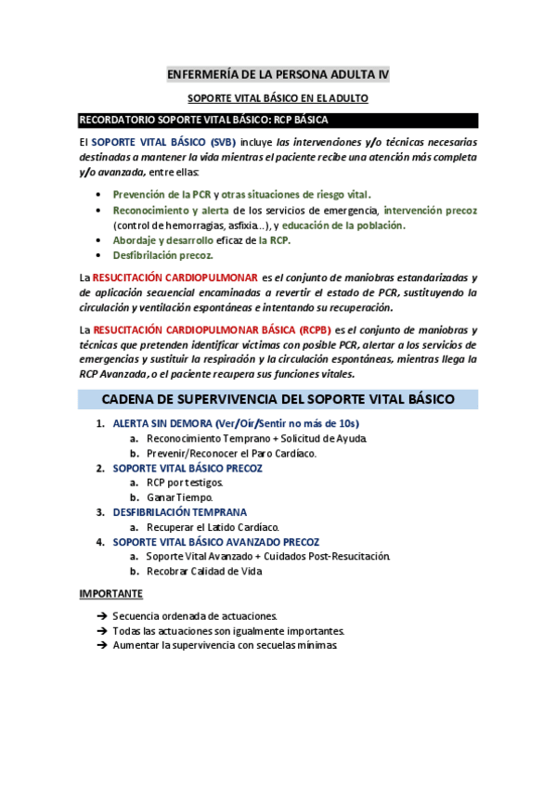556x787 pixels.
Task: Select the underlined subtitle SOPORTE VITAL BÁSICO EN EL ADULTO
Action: click(x=278, y=98)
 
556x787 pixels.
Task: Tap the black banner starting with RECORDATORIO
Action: click(x=278, y=120)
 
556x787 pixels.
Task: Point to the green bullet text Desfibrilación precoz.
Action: click(x=162, y=254)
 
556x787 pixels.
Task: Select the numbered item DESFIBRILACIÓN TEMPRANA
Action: click(x=179, y=512)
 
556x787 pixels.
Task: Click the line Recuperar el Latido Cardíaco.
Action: click(x=213, y=527)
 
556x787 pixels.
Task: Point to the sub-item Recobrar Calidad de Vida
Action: click(x=204, y=572)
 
